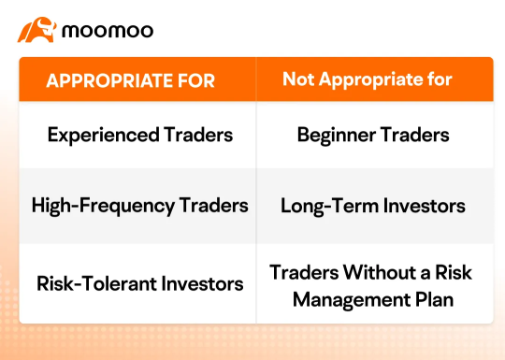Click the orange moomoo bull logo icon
pos(36,30)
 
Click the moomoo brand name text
pos(108,31)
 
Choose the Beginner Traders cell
pos(373,135)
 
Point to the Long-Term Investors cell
pos(373,205)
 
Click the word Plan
pos(431,300)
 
